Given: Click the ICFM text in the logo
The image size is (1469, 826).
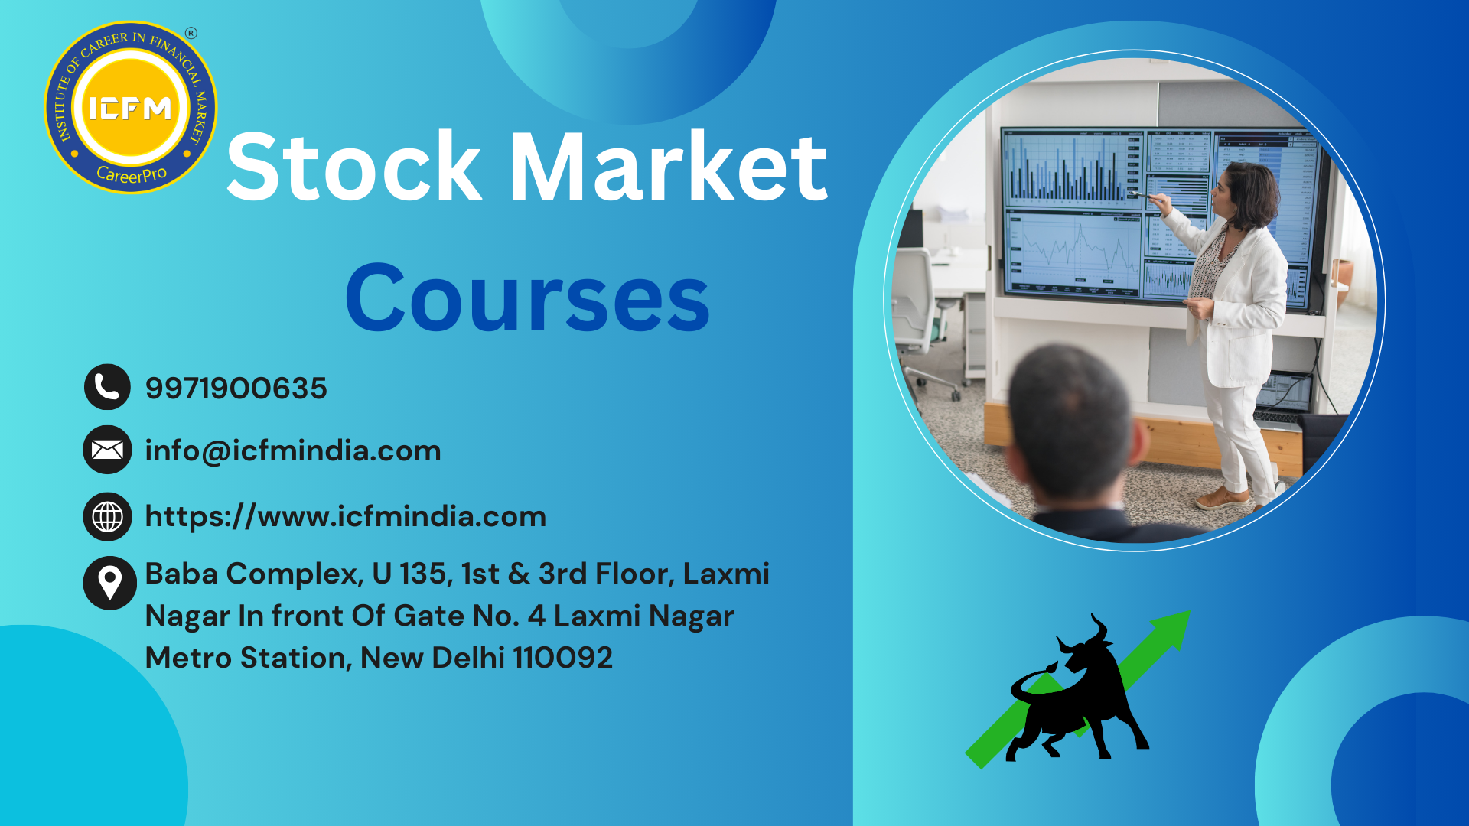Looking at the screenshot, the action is click(130, 109).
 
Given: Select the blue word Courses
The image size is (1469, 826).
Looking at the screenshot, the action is click(528, 298).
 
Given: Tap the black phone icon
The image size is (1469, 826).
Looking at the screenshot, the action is click(107, 387).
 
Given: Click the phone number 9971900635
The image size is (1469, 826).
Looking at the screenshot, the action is click(236, 388).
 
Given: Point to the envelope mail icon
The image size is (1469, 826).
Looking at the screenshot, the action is click(107, 450).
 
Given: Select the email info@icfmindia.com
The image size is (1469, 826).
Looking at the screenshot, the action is click(293, 450).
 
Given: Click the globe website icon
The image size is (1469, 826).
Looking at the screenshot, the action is click(107, 516).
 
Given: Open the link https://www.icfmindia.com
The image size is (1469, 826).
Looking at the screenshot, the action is click(346, 516).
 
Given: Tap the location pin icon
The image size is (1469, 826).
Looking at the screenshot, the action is click(109, 583).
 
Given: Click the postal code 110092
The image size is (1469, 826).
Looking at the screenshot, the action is click(562, 657).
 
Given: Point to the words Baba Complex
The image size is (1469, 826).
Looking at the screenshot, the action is click(254, 574).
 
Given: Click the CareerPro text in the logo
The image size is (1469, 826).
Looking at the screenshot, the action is click(132, 174).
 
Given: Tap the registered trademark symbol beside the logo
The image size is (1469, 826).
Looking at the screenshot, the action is click(191, 33).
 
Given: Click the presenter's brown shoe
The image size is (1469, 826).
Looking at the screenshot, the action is click(1222, 499).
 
